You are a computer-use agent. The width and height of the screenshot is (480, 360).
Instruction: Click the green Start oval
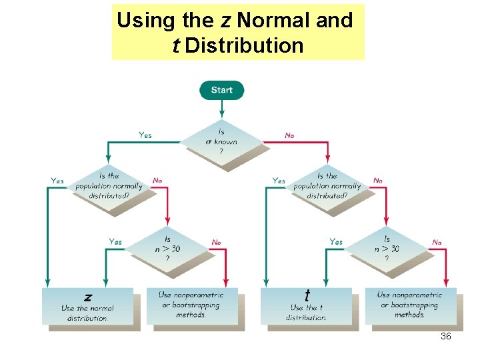click(222, 90)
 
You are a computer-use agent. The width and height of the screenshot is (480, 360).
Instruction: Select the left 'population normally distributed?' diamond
click(109, 186)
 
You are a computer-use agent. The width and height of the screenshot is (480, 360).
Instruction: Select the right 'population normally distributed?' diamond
click(327, 186)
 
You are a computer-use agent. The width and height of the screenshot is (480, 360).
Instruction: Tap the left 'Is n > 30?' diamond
click(167, 249)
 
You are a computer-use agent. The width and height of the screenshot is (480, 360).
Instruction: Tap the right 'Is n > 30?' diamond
click(387, 249)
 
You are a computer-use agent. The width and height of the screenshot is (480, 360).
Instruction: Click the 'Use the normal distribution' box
click(87, 307)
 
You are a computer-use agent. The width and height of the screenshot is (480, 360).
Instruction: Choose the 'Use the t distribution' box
click(306, 307)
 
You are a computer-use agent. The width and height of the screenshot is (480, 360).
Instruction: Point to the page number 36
click(446, 337)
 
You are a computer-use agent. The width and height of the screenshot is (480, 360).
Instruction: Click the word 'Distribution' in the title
click(244, 46)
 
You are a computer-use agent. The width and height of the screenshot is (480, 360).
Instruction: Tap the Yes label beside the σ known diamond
click(145, 135)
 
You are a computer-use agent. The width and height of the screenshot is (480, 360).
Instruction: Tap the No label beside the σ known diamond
click(289, 135)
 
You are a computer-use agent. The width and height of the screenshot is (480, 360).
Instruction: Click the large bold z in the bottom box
click(88, 297)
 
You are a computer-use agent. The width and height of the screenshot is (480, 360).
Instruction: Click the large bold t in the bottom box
click(307, 295)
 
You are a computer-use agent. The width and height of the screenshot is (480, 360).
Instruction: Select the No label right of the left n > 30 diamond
click(217, 242)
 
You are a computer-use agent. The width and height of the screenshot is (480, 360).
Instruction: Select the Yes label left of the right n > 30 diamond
click(336, 241)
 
